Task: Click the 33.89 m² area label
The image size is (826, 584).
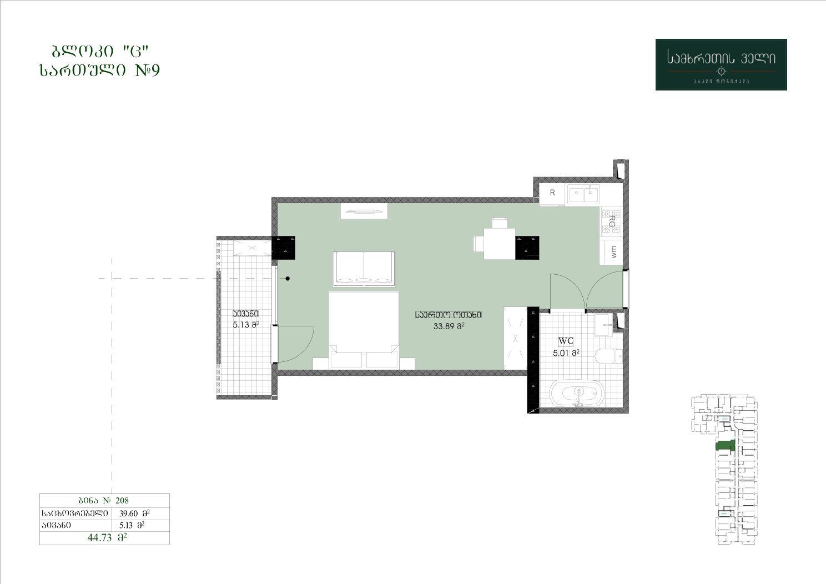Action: point(449,326)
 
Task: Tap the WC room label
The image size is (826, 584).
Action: point(566,341)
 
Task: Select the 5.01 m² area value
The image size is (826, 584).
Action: point(566,353)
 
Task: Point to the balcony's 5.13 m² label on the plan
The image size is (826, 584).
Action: point(245,325)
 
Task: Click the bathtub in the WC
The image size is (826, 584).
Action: point(577,394)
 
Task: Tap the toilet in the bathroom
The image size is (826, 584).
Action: point(609,356)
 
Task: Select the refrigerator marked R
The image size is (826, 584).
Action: point(552,194)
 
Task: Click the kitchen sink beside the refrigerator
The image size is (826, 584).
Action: point(583,194)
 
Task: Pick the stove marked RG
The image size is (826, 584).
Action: point(611,221)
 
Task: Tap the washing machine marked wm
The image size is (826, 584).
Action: point(611,252)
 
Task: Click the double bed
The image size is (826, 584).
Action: point(364,330)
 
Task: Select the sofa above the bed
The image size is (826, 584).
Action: point(364,269)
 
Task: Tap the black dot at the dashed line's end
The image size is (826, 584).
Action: point(288,279)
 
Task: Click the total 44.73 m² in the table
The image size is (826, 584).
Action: point(107,537)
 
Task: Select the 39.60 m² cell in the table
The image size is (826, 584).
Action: point(134,513)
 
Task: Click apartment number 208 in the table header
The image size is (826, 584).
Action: point(122,500)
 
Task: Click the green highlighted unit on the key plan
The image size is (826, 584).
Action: point(725,445)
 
